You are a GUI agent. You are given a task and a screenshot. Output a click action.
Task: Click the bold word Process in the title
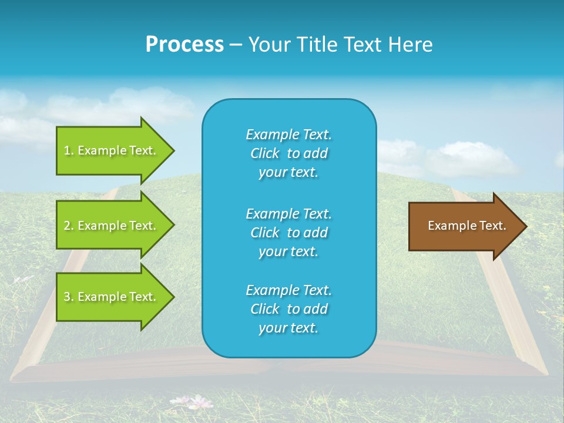point(184,45)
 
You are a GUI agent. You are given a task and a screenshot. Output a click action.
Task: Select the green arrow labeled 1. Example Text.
point(112,150)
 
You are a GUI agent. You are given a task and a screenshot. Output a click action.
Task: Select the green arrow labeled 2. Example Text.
point(112,226)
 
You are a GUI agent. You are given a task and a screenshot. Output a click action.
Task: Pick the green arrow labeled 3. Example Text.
point(112,297)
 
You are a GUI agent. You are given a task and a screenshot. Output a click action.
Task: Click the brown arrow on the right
point(464,226)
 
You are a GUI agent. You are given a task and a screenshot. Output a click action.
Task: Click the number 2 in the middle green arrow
point(67,226)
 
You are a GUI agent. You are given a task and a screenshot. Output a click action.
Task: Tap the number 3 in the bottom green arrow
point(67,297)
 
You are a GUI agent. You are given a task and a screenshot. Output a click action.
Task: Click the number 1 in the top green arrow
point(66,150)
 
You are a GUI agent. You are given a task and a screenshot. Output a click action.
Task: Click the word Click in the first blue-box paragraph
point(265,154)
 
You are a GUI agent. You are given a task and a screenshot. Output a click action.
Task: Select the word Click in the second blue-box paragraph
point(265,233)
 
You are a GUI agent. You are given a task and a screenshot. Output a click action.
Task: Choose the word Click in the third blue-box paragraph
point(265,309)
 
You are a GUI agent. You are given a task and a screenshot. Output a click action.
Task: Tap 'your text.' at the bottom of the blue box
point(288,328)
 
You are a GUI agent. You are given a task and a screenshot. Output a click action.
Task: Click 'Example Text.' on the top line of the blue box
point(288,135)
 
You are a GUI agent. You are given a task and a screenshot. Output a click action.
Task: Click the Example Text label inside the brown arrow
point(466,226)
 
